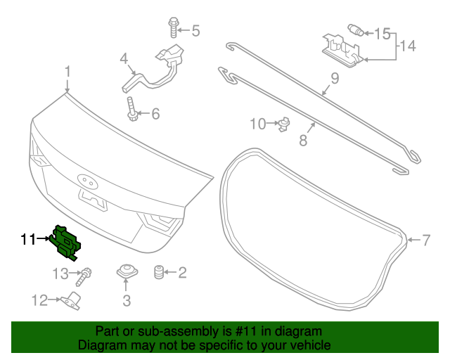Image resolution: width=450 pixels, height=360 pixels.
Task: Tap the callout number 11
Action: tap(27, 240)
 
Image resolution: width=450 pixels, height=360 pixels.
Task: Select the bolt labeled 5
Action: tap(172, 28)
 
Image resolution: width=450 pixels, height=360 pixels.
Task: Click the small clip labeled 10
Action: tap(284, 124)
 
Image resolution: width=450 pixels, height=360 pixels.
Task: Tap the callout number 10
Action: tap(258, 124)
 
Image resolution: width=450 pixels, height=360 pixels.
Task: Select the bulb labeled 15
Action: tap(356, 30)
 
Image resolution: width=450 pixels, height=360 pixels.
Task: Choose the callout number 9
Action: tap(335, 79)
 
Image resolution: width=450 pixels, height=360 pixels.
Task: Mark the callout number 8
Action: tap(303, 140)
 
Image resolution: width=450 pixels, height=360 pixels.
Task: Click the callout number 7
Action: tap(425, 240)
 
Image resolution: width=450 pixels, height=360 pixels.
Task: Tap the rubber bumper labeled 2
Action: tap(159, 272)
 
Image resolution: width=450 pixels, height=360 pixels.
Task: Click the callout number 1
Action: tap(67, 72)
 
